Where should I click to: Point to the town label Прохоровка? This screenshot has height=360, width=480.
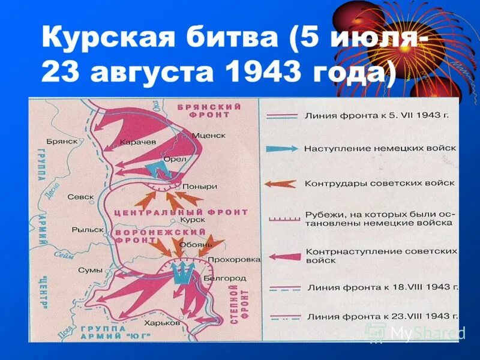(238, 259)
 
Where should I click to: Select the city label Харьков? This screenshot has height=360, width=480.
(163, 322)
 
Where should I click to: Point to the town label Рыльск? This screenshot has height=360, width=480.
(88, 229)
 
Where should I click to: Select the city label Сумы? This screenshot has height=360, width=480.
(90, 270)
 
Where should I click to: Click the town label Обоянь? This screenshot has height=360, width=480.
(199, 244)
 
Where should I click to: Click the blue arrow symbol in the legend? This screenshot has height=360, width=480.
(285, 148)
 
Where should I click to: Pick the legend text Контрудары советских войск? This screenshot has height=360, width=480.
(379, 183)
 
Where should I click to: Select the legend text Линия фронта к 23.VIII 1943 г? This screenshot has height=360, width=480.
(382, 316)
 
